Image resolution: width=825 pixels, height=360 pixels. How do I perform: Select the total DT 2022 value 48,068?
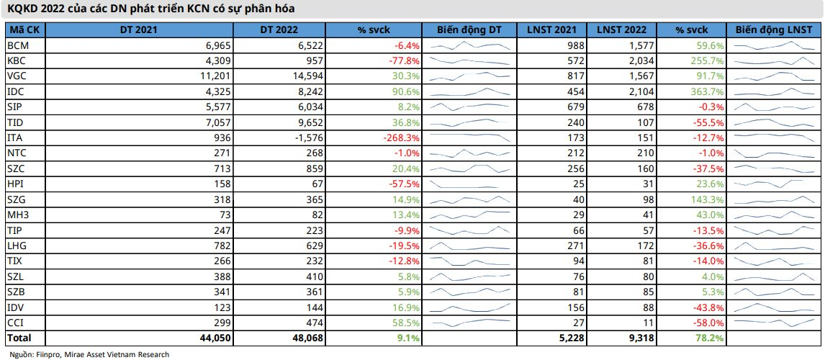pos(302,337)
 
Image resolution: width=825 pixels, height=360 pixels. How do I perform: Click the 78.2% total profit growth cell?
pos(709,337)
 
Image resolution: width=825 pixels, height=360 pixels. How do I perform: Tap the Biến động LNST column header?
pos(775,30)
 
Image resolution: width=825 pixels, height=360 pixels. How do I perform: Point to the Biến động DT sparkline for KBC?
pos(470,61)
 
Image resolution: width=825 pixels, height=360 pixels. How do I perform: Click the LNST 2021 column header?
pos(551,30)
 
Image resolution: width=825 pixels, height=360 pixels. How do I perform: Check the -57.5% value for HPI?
pos(404,184)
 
